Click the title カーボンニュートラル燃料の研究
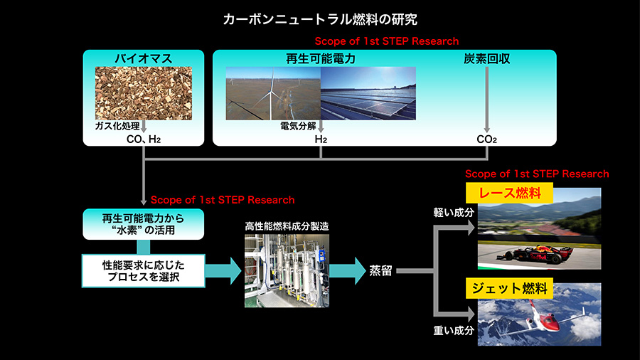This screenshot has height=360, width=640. pos(320,19)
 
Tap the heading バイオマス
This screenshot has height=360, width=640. pos(143,58)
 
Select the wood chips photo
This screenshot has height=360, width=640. pos(143,93)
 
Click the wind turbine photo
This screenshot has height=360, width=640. pos(273,93)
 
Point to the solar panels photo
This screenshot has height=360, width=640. pos(368,93)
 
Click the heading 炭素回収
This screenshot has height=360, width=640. pos(486,59)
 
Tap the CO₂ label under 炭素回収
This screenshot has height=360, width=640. pos(486,139)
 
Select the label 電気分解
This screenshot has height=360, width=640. pos(298,126)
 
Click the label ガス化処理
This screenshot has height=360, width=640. pos(117,126)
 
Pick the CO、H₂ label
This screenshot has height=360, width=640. pos(143,139)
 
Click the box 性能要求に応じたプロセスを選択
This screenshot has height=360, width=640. pos(143,271)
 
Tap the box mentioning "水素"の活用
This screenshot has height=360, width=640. pos(143,224)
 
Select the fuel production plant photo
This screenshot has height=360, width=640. pos(287,270)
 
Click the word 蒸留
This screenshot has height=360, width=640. pos(380,270)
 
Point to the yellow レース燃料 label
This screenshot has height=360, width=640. pos(509,193)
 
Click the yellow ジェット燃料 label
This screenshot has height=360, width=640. pos(509,289)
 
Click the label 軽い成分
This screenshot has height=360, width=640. pos(454,212)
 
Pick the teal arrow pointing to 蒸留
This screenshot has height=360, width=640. pos(347,270)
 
